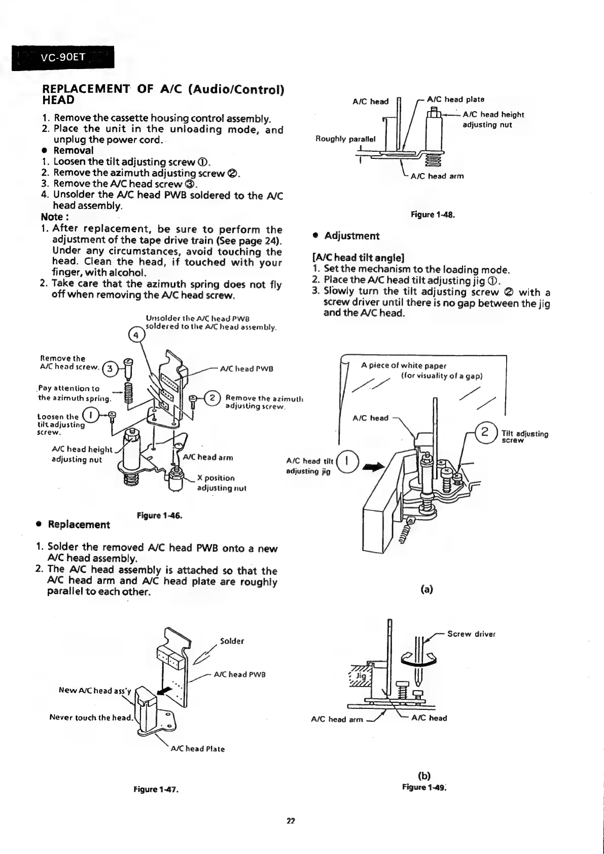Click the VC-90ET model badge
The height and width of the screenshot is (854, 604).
pos(62,57)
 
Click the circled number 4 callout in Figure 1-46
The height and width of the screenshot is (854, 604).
pos(136,335)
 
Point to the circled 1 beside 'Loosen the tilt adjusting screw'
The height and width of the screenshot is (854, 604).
pos(92,416)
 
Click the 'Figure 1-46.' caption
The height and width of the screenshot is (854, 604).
pos(159,516)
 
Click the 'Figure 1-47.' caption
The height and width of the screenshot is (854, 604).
pos(157,790)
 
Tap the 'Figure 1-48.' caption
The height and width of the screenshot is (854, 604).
pos(433,215)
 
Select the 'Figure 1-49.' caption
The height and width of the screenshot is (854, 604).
pos(424,787)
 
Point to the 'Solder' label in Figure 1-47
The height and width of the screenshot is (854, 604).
pos(232,641)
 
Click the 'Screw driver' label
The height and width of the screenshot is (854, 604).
pos(471,634)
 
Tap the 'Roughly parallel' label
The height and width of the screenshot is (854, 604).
pos(345,139)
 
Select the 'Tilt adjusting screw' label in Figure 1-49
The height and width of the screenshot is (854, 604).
pos(524,437)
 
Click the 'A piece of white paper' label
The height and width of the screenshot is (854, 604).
pos(404,365)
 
